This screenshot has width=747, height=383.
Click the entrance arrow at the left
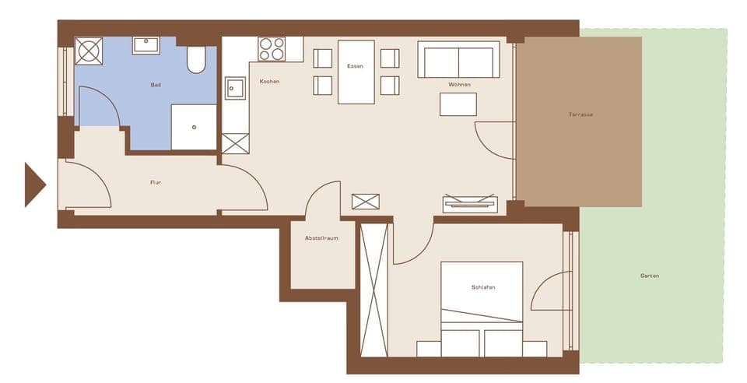click(33, 184)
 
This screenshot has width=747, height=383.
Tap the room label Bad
click(156, 84)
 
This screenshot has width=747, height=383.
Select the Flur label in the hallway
click(156, 183)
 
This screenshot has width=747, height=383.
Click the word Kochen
click(269, 82)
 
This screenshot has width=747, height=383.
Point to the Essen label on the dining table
click(355, 66)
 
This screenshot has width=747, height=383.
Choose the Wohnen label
click(459, 84)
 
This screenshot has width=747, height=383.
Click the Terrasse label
click(580, 114)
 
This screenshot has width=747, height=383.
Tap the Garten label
click(649, 276)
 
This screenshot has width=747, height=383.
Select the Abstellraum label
click(321, 238)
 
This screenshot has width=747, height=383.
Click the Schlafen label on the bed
click(482, 287)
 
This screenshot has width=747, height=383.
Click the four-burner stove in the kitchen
click(272, 49)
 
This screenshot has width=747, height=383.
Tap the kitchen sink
click(235, 89)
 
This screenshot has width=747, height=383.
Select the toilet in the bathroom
click(196, 59)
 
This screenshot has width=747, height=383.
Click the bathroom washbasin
click(146, 45)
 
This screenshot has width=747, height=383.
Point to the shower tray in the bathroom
click(193, 127)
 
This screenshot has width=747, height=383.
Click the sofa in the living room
click(458, 60)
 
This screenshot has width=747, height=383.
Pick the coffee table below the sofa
click(458, 104)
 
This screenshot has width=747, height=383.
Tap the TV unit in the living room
click(470, 204)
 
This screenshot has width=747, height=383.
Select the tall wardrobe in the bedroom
click(373, 290)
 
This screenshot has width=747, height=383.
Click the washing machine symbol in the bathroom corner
click(89, 51)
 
